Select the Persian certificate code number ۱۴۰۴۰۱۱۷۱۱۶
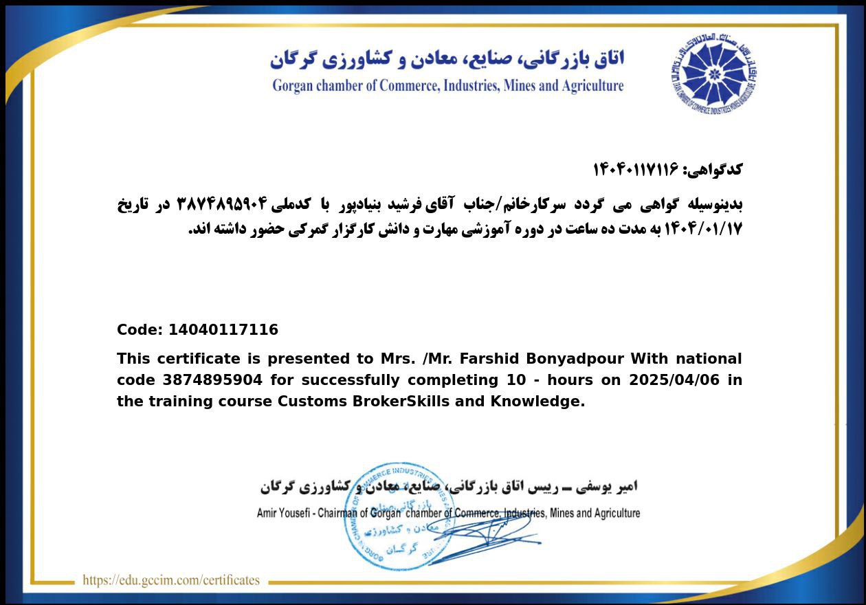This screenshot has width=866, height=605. [x=635, y=169]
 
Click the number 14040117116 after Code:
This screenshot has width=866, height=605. [x=223, y=330]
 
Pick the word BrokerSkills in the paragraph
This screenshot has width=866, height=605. [x=401, y=401]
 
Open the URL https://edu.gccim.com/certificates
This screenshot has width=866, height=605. [x=171, y=580]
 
